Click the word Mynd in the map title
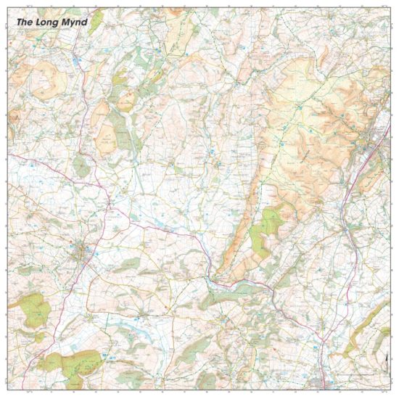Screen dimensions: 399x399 click(75, 22)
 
